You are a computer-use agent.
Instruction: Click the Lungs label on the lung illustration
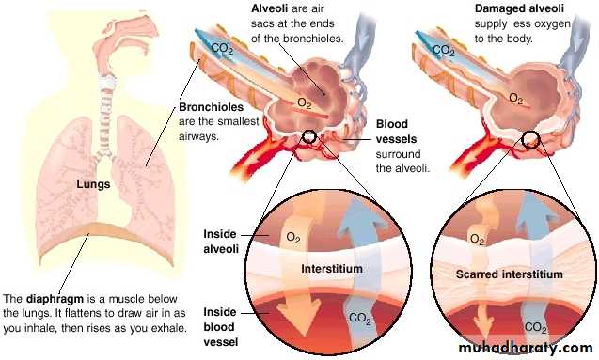tap(93, 184)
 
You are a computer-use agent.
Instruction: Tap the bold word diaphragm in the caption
tap(55, 299)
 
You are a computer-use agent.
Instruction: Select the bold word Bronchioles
tap(212, 107)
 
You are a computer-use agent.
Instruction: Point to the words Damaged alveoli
tap(519, 8)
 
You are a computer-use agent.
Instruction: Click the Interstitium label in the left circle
tap(332, 269)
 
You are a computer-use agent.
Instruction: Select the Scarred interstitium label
tap(510, 274)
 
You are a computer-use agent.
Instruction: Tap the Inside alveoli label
tap(221, 242)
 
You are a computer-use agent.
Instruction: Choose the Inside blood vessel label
tap(221, 327)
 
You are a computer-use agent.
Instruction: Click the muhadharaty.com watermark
tap(526, 348)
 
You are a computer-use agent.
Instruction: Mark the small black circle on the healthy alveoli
tap(309, 136)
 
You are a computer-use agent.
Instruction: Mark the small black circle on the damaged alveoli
tap(531, 140)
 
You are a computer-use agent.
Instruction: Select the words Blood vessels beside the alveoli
tap(396, 132)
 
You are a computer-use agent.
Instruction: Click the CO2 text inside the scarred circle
tap(536, 327)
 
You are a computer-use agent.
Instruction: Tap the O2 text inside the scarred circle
tap(477, 240)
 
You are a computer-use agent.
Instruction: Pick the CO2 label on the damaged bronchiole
tap(443, 50)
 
